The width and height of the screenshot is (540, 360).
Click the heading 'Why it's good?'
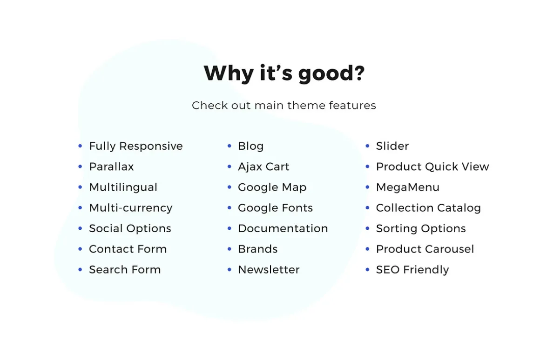284,73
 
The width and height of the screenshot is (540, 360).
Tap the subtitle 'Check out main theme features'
284,105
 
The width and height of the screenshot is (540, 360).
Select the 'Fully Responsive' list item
135,146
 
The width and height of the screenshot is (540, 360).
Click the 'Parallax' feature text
111,167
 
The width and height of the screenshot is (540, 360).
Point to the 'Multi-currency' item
130,208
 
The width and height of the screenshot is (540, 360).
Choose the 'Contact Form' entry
128,249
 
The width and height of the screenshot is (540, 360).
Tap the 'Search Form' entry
125,270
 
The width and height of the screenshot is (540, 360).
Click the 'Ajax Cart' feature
263,167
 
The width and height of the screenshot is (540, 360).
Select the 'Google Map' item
272,187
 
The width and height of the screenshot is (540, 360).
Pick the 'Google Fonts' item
275,208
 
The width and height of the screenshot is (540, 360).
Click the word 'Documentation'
283,228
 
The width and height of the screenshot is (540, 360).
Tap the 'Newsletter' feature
269,270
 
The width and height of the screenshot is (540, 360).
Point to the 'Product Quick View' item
432,167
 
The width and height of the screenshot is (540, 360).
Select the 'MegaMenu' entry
407,187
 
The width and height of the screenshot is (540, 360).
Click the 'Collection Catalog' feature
428,208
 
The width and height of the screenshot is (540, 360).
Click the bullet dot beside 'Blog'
229,146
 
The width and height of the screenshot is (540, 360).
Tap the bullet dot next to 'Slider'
367,146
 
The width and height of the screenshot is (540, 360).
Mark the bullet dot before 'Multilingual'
80,187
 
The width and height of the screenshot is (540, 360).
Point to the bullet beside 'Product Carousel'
367,249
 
